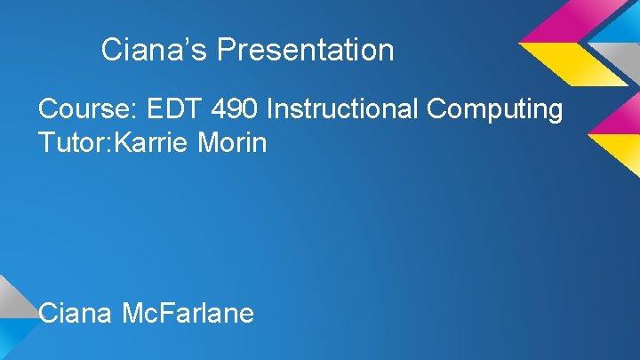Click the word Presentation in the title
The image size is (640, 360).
305,50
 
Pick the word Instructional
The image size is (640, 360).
343,110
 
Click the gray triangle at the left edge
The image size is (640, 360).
11,298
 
